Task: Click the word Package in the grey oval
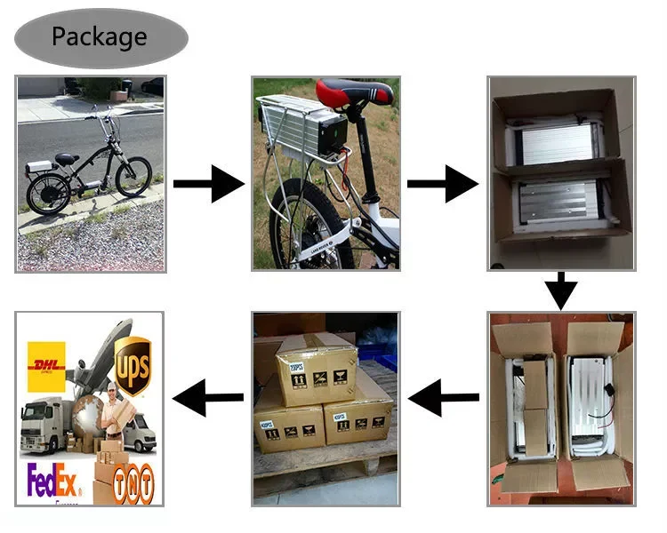[x=99, y=37]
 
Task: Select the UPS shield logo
[x=133, y=354]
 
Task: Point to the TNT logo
[x=137, y=481]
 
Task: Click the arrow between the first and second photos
[x=208, y=184]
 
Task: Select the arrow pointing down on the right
[x=561, y=291]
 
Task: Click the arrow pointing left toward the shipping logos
[x=208, y=399]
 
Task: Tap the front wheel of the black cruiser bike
[x=133, y=177]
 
